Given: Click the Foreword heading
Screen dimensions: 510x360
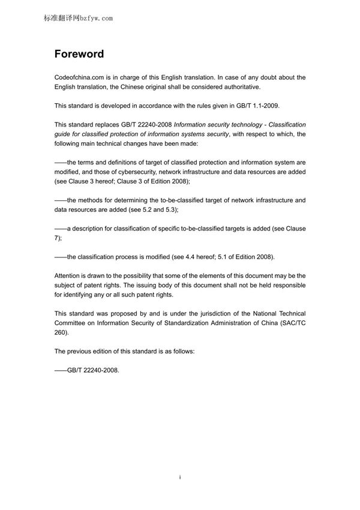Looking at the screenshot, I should coord(79,54).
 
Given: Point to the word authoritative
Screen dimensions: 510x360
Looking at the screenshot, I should coord(242,86).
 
